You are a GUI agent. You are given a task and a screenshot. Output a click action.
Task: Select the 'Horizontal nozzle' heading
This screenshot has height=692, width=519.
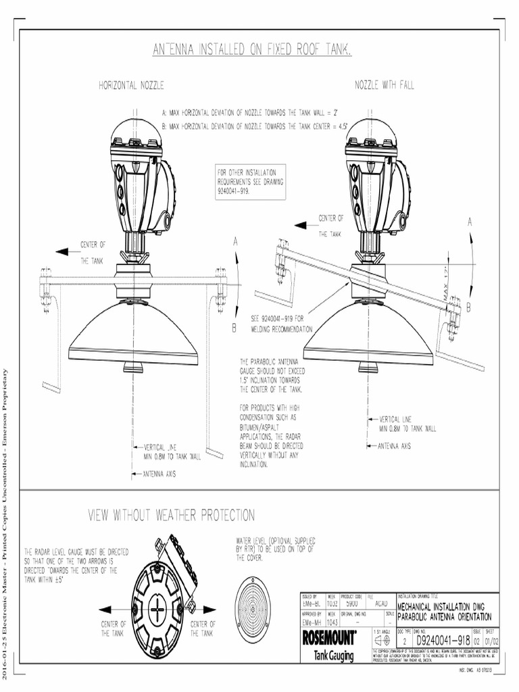pyautogui.click(x=132, y=86)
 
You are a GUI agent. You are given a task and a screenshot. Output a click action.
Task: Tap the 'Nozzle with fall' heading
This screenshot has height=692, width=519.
pyautogui.click(x=385, y=85)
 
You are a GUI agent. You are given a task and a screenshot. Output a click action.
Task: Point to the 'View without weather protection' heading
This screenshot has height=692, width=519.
pyautogui.click(x=172, y=516)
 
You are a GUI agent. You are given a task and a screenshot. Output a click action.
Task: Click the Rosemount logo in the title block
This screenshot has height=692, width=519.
pyautogui.click(x=330, y=637)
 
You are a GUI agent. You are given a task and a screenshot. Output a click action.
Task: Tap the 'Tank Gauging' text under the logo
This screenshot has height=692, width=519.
pyautogui.click(x=334, y=656)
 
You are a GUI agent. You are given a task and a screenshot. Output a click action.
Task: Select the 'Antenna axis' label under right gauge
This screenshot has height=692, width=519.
pyautogui.click(x=394, y=446)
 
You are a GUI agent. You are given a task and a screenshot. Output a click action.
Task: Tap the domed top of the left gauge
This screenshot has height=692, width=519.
pyautogui.click(x=136, y=132)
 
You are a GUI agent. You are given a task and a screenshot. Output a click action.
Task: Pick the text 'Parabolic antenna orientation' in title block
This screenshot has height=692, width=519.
pyautogui.click(x=444, y=617)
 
